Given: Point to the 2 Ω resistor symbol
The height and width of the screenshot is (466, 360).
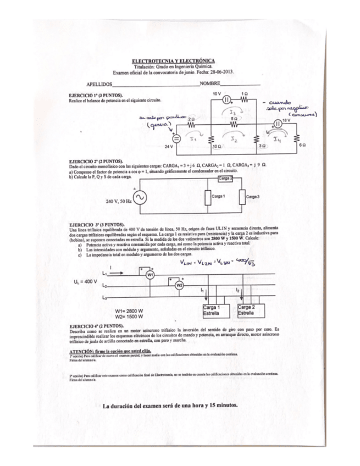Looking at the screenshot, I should point(192,124).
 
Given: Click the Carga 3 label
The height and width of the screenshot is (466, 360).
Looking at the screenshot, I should point(252,196).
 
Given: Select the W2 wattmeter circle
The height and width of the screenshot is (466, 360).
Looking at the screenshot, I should point(179,285).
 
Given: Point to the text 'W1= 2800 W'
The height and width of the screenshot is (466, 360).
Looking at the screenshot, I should point(129,310).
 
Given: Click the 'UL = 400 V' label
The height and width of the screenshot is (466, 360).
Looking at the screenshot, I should point(85,282).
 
